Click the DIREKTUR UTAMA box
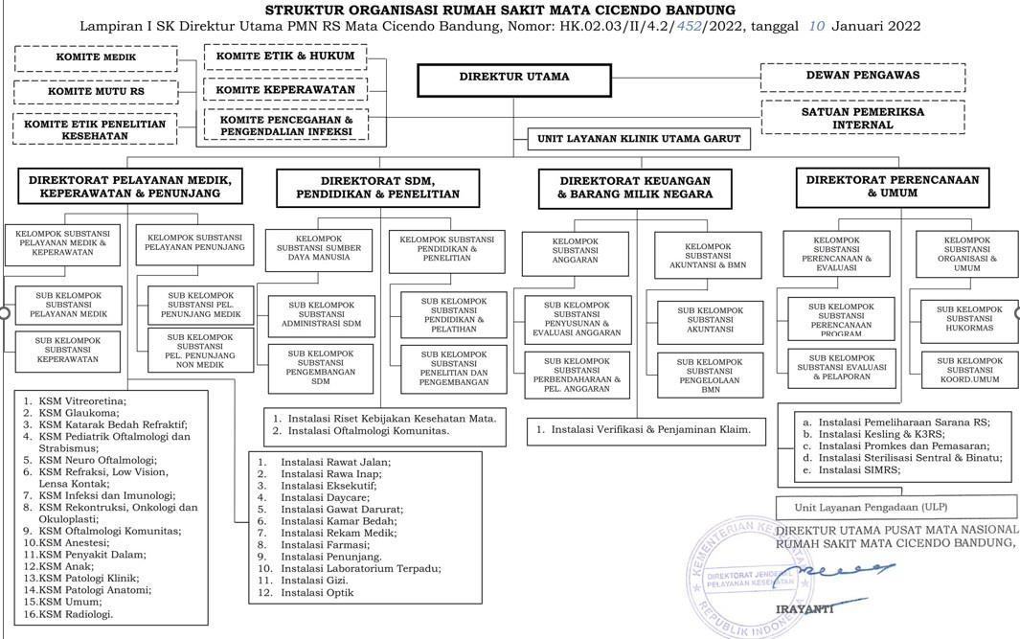tap(514, 78)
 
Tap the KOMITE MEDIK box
tap(96, 57)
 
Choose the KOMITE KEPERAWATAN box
tap(284, 90)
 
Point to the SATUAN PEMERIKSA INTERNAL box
tap(862, 118)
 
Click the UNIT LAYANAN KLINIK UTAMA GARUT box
tap(640, 139)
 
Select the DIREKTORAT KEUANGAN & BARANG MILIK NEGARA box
tap(635, 187)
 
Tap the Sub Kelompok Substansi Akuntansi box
tap(710, 320)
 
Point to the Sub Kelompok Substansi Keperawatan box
tap(68, 350)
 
